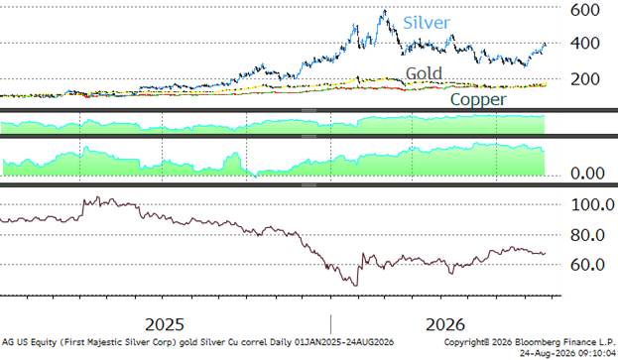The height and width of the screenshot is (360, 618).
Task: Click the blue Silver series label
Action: click(427, 23)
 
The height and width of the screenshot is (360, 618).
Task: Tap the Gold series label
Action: click(424, 73)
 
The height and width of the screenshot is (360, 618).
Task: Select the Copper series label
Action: click(478, 99)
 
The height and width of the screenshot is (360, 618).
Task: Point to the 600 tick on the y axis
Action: click(585, 10)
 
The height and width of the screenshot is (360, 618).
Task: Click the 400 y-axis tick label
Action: click(585, 43)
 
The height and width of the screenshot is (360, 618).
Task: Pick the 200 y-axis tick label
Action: click(585, 79)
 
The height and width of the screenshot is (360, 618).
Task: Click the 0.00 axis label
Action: click(587, 173)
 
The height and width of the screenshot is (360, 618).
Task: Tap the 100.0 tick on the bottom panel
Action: click(593, 204)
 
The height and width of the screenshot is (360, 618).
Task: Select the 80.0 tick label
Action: click(587, 235)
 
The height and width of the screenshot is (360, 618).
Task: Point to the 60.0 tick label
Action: click(587, 265)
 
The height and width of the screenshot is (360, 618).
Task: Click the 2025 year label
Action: click(165, 325)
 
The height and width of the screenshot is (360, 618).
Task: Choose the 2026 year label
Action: click(445, 325)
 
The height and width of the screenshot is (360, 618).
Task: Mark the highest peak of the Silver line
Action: click(385, 10)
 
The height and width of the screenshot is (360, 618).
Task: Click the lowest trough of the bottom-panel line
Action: click(356, 286)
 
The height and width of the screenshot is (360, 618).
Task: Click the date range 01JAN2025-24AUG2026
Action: click(344, 342)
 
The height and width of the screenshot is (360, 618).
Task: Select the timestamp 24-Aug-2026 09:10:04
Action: click(567, 352)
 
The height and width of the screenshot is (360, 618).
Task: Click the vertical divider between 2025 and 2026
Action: click(330, 324)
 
